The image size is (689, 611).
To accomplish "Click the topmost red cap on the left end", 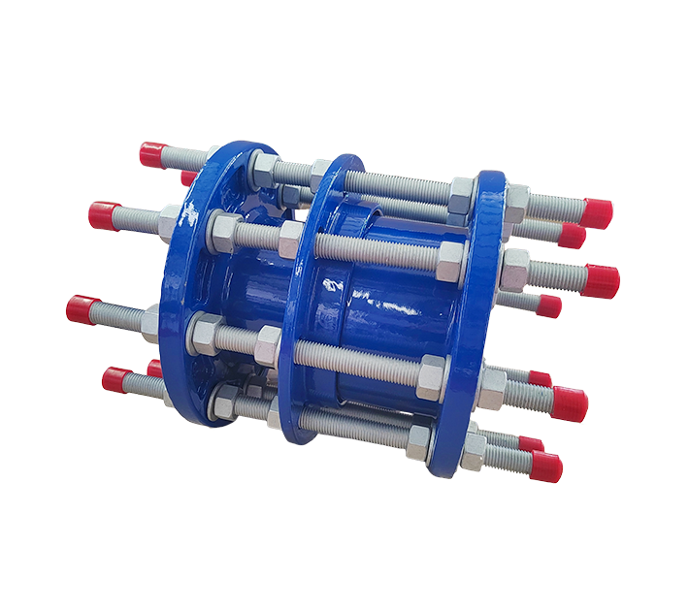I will (152, 154).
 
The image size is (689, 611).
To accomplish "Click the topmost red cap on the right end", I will (596, 212).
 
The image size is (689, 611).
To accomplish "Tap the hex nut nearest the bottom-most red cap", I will (475, 446).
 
